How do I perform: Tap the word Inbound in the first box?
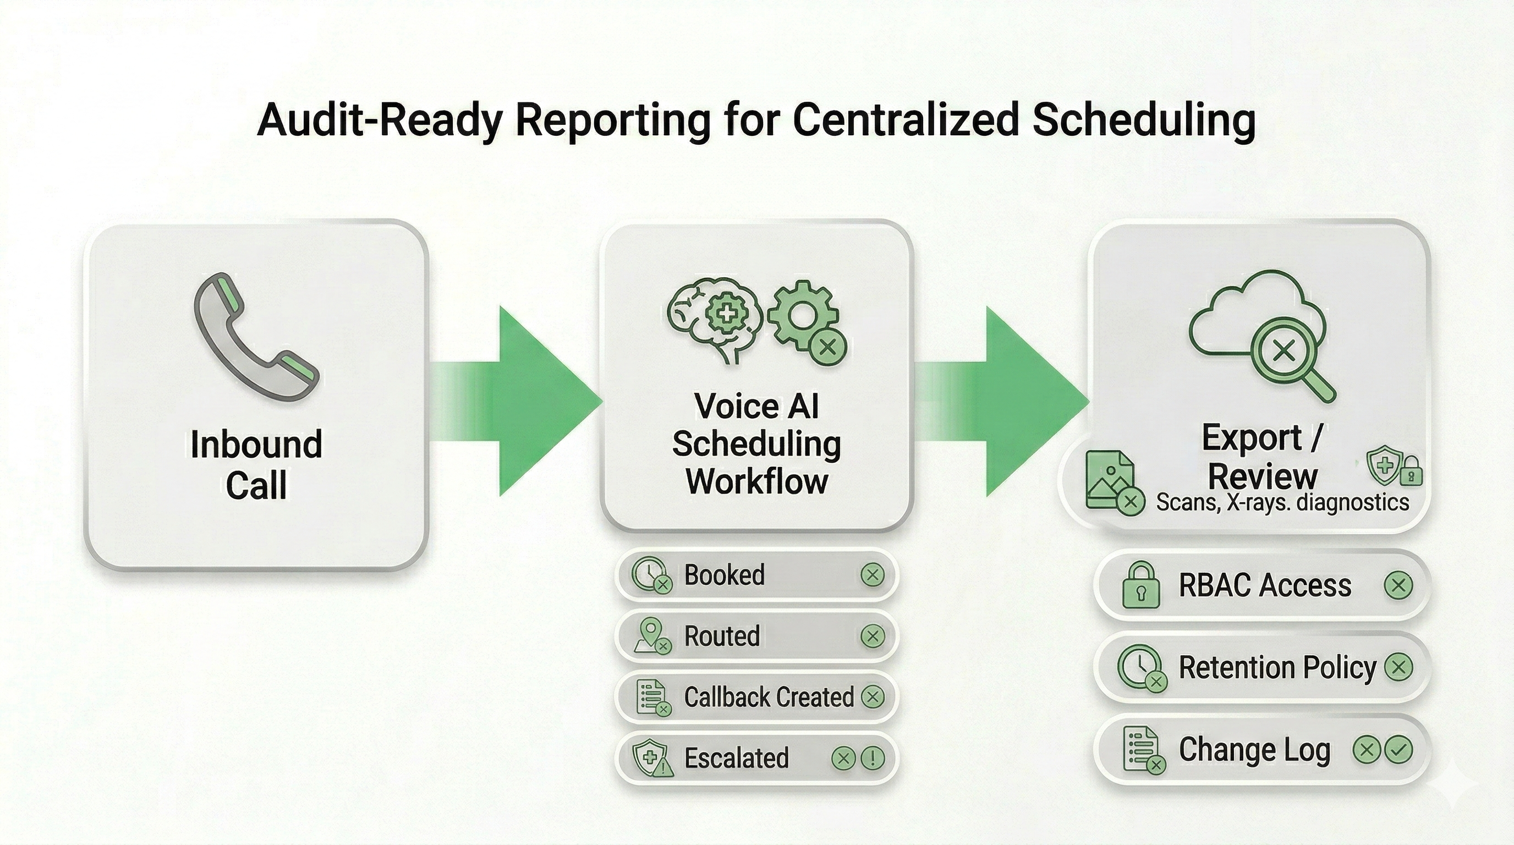[x=256, y=445]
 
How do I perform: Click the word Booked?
[x=724, y=575]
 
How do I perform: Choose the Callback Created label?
[x=768, y=697]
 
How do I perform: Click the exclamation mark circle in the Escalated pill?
[x=872, y=758]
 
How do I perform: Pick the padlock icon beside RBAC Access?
[x=1141, y=586]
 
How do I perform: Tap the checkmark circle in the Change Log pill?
[x=1399, y=749]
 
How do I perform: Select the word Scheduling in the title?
[x=1143, y=119]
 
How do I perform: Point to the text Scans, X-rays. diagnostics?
[x=1282, y=502]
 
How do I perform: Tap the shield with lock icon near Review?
[x=1393, y=468]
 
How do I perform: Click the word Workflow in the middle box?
[x=756, y=481]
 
